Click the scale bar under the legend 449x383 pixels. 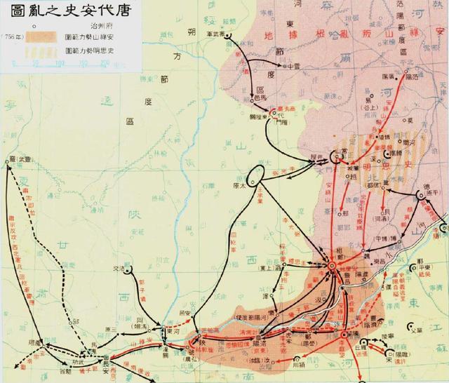coord(70,64)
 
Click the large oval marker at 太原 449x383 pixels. coord(255,175)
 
